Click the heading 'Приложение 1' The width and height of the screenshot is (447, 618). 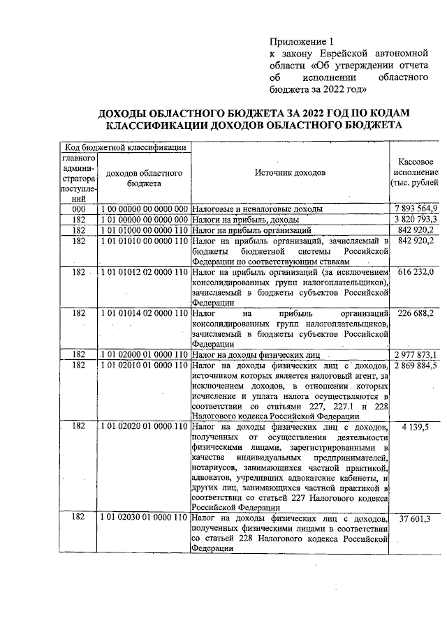click(x=302, y=40)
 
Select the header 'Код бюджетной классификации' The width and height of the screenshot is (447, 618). click(x=125, y=146)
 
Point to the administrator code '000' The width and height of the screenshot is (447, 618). click(x=78, y=209)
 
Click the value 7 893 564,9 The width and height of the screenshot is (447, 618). click(x=416, y=209)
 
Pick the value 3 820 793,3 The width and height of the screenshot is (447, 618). click(x=416, y=219)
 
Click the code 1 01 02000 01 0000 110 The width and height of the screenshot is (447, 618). click(x=145, y=354)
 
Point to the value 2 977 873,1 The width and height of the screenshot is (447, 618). click(x=416, y=354)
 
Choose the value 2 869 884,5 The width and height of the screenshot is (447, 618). click(x=416, y=365)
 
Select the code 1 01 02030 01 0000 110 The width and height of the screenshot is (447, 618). click(x=145, y=519)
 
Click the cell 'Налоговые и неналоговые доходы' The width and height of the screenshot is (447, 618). click(x=257, y=209)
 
